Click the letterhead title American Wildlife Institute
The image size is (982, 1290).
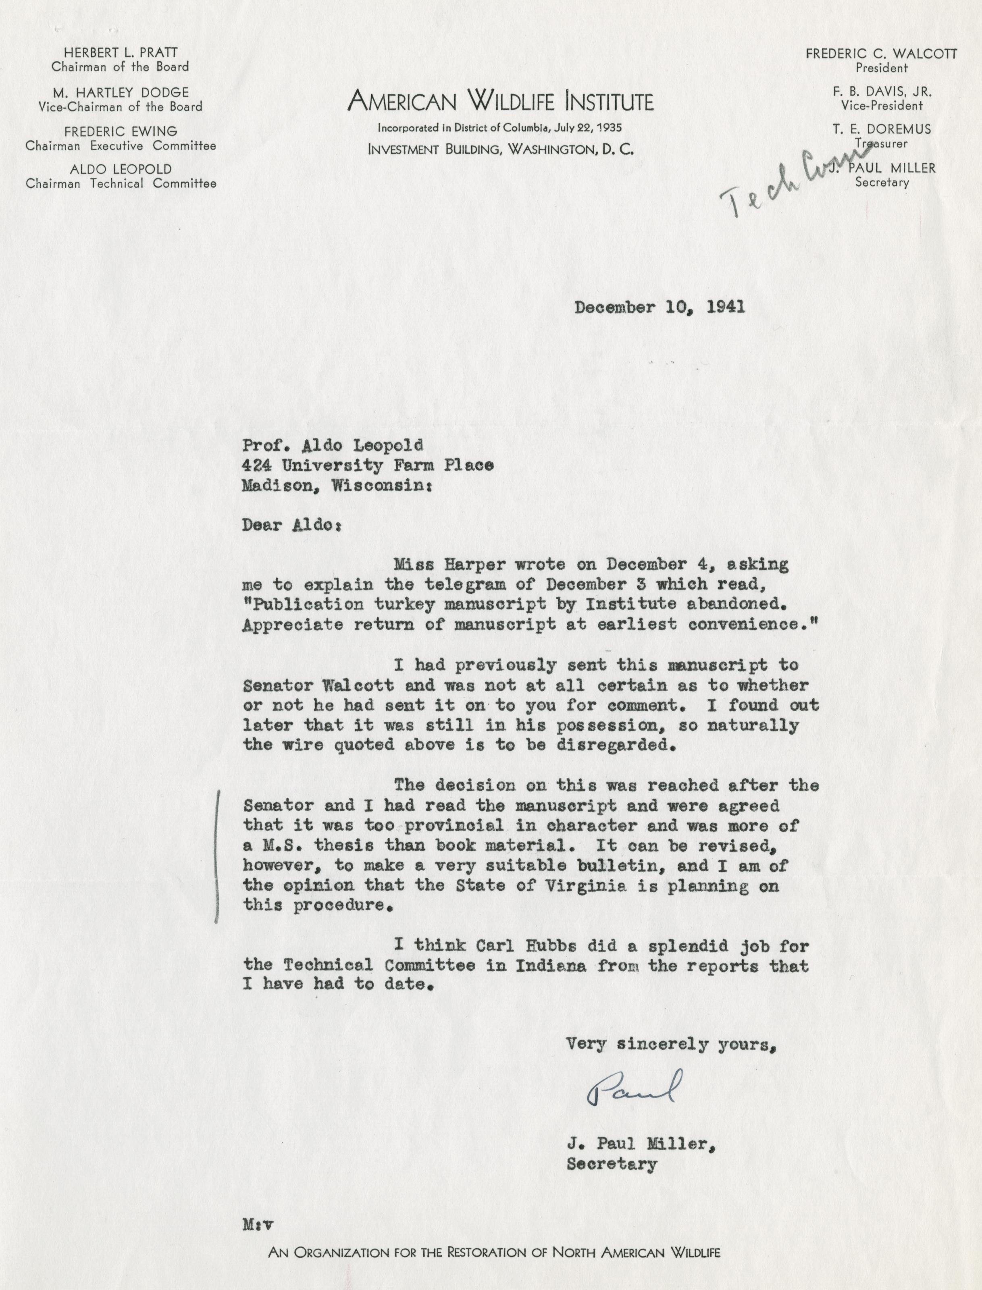pos(500,102)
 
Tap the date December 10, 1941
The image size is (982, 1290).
pos(660,308)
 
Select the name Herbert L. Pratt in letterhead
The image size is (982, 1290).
pos(121,52)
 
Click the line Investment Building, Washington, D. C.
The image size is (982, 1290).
pos(500,149)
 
